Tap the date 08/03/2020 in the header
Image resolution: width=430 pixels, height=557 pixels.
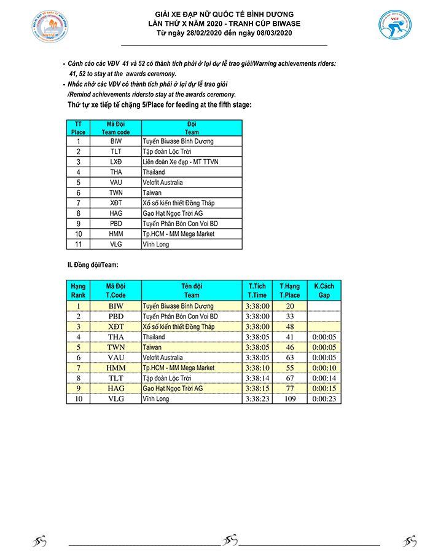266,33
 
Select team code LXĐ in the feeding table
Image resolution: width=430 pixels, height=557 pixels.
116,162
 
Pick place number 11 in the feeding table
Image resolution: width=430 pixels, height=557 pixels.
79,244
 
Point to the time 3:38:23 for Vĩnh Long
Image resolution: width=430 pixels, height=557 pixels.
257,398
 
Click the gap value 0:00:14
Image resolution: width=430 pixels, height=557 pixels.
324,378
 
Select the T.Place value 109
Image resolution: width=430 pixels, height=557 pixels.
289,398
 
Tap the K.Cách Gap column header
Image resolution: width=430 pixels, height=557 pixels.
324,290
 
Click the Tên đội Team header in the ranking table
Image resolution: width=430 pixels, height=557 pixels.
192,290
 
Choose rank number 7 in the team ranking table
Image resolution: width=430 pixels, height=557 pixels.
79,368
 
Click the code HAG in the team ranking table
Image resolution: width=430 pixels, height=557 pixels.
116,389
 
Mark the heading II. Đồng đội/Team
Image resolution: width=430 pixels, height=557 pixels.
93,265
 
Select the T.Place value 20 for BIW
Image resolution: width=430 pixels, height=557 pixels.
289,306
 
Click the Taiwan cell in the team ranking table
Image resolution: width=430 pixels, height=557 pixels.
152,347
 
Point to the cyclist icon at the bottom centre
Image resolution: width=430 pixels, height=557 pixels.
230,541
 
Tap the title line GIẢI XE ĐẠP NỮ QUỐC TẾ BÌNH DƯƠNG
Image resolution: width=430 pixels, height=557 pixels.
224,14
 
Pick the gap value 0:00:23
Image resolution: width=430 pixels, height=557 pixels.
324,398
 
